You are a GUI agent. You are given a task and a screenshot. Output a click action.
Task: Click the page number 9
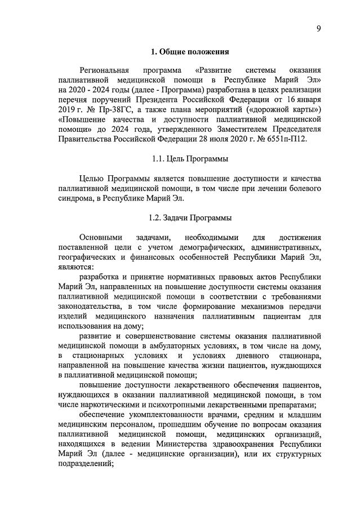coord(318,29)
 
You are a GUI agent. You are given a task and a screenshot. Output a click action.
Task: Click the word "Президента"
coord(183,100)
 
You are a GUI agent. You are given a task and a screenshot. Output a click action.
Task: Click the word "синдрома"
coord(75,198)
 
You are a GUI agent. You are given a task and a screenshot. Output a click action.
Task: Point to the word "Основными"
coord(100,237)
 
